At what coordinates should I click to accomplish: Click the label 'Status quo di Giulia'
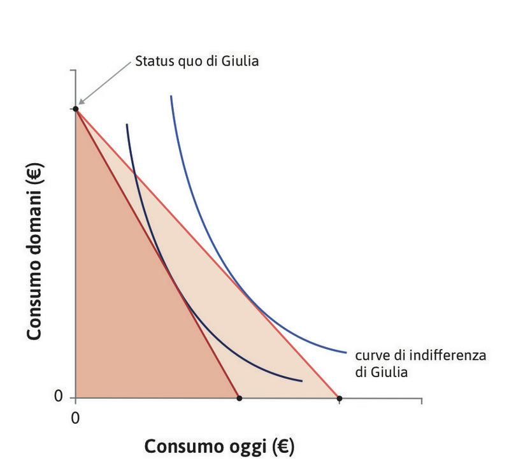(x=197, y=62)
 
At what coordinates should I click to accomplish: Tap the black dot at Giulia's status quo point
(x=76, y=109)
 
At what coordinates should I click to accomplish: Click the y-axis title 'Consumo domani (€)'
(x=35, y=254)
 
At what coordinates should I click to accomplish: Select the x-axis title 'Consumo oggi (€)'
(x=219, y=446)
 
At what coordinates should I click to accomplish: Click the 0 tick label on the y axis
(x=59, y=397)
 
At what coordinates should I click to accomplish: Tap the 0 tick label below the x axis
(x=76, y=418)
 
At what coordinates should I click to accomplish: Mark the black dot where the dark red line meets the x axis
(x=239, y=399)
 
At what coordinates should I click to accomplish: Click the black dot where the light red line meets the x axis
(x=339, y=399)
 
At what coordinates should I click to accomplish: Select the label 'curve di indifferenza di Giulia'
(x=420, y=363)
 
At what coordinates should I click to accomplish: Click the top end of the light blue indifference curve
(x=171, y=96)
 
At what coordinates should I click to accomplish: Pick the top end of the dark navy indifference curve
(x=127, y=124)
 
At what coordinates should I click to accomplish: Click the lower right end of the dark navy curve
(x=301, y=382)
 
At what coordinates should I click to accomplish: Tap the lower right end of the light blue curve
(x=346, y=352)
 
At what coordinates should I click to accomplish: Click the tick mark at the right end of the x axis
(x=421, y=402)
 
